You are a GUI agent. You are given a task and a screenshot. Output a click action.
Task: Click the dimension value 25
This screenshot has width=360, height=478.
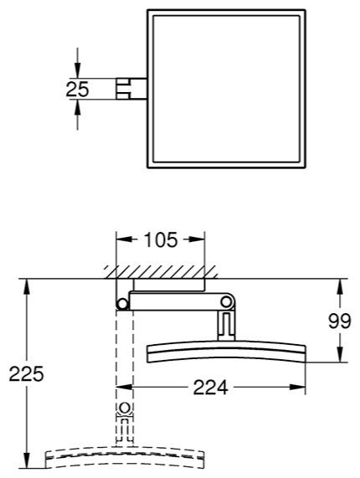pos(77,89)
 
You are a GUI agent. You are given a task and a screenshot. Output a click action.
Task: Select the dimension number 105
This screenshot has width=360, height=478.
pos(161,239)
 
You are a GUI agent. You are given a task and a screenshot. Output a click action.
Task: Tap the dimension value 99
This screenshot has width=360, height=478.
pos(340,321)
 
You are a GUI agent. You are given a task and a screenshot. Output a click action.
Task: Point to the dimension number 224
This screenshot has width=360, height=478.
pos(211,387)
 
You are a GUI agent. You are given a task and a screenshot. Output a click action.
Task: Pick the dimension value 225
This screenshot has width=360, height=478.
pos(26,373)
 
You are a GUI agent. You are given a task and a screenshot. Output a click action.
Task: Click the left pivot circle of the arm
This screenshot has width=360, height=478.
pos(122,304)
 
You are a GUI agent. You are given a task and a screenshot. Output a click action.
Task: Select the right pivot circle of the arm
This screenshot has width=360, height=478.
pos(227,302)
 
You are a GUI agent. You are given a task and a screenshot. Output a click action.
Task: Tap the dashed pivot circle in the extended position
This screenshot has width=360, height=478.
pos(125,408)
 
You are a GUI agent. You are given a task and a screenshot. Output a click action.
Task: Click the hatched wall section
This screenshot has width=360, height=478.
pos(161,272)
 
